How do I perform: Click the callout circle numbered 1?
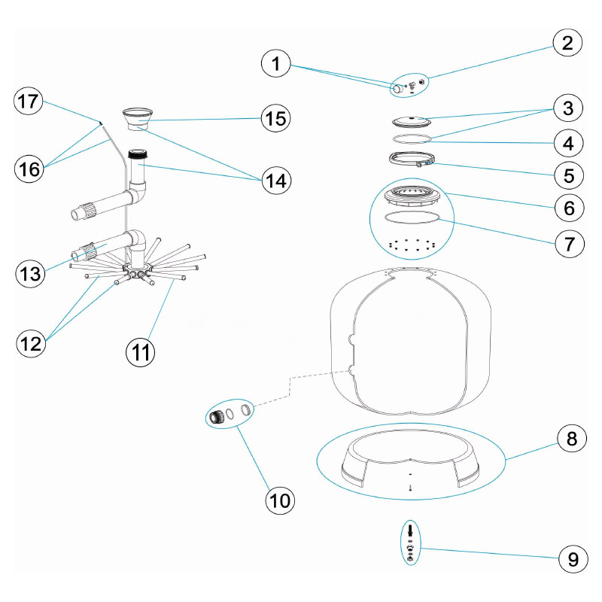click(276, 65)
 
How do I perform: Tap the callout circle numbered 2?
click(568, 43)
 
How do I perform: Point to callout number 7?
click(568, 243)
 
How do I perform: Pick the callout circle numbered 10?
click(280, 497)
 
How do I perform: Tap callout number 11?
click(140, 351)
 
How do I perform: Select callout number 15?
click(276, 118)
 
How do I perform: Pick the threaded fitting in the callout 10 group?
click(217, 416)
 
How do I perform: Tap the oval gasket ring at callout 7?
click(411, 217)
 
